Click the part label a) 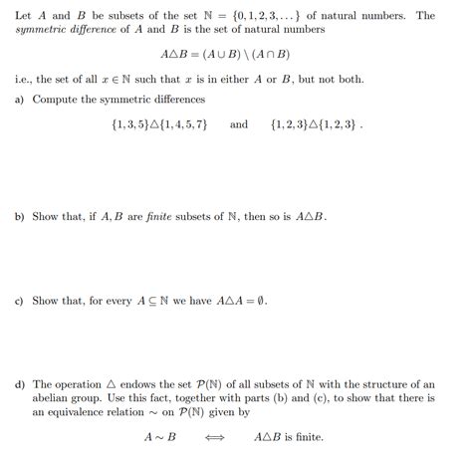[20, 101]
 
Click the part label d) [20, 384]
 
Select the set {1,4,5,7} [181, 125]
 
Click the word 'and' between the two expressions [239, 125]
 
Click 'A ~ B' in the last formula [159, 437]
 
